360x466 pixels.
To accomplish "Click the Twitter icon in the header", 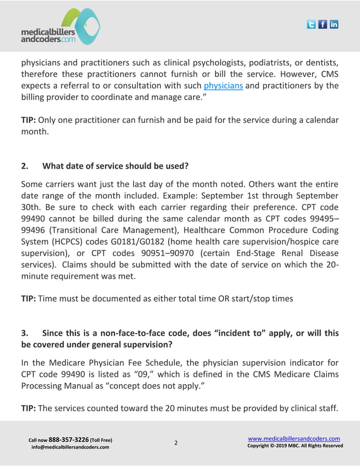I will [311, 24].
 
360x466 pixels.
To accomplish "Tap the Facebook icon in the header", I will [323, 24].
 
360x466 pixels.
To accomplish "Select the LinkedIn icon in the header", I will [334, 24].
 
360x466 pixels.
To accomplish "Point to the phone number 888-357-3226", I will [68, 439].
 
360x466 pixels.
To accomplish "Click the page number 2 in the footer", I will [175, 443].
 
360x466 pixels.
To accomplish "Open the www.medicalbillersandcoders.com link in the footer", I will [294, 438].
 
